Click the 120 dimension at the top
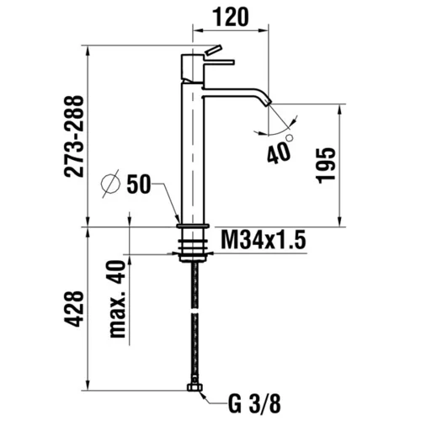click(231, 17)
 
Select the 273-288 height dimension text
click(74, 136)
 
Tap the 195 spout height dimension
click(326, 165)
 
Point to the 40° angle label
click(280, 150)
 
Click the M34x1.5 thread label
click(263, 240)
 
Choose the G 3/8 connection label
click(254, 404)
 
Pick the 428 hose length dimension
click(74, 309)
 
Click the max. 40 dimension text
click(117, 299)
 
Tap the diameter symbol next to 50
click(110, 184)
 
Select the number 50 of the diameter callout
click(139, 184)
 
